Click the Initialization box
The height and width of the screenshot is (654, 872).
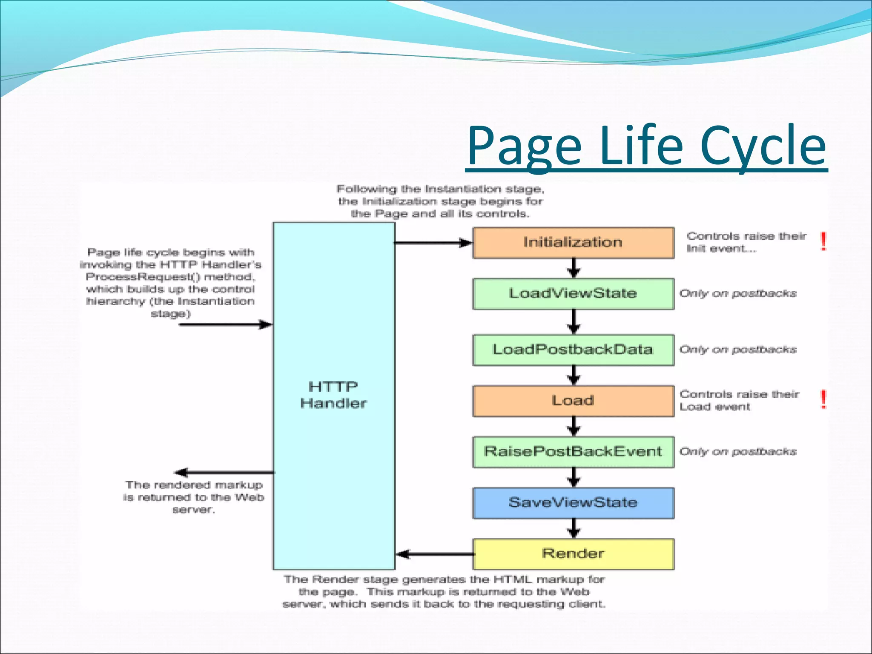pyautogui.click(x=573, y=243)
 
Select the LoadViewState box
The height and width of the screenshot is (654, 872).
pyautogui.click(x=573, y=294)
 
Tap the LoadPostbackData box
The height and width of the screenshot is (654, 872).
pyautogui.click(x=573, y=350)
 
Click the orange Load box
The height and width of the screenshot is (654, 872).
pyautogui.click(x=573, y=401)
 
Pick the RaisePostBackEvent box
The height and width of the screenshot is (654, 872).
pyautogui.click(x=573, y=452)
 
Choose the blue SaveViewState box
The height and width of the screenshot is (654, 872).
pyautogui.click(x=573, y=503)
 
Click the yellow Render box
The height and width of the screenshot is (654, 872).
pyautogui.click(x=573, y=554)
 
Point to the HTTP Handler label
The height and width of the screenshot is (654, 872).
pyautogui.click(x=333, y=395)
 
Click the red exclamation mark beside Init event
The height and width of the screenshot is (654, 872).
pyautogui.click(x=823, y=241)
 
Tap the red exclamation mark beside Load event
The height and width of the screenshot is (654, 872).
pyautogui.click(x=823, y=399)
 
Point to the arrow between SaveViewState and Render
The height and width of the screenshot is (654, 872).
pyautogui.click(x=574, y=528)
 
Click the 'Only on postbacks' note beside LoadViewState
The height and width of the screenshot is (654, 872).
pyautogui.click(x=737, y=293)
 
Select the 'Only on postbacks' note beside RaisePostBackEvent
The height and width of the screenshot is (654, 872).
pyautogui.click(x=737, y=451)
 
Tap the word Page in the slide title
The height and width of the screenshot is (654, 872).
pyautogui.click(x=525, y=146)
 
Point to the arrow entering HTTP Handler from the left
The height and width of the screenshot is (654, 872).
pyautogui.click(x=226, y=325)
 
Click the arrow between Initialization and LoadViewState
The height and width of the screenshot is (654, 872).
pyautogui.click(x=574, y=268)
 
